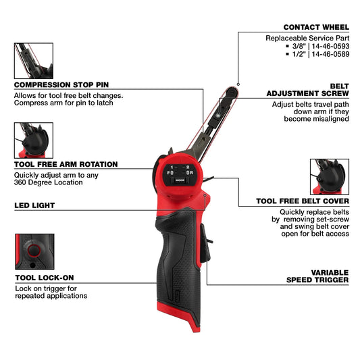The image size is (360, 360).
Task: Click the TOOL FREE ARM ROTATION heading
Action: pyautogui.click(x=66, y=164)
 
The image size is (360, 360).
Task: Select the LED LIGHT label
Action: pyautogui.click(x=34, y=205)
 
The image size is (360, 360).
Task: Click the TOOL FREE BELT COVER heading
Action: pyautogui.click(x=302, y=201)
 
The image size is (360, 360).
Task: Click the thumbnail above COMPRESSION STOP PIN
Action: pyautogui.click(x=33, y=61)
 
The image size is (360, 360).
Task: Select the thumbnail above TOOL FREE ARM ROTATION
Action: pyautogui.click(x=33, y=140)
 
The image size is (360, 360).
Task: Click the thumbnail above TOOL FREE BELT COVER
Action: pyautogui.click(x=329, y=177)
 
